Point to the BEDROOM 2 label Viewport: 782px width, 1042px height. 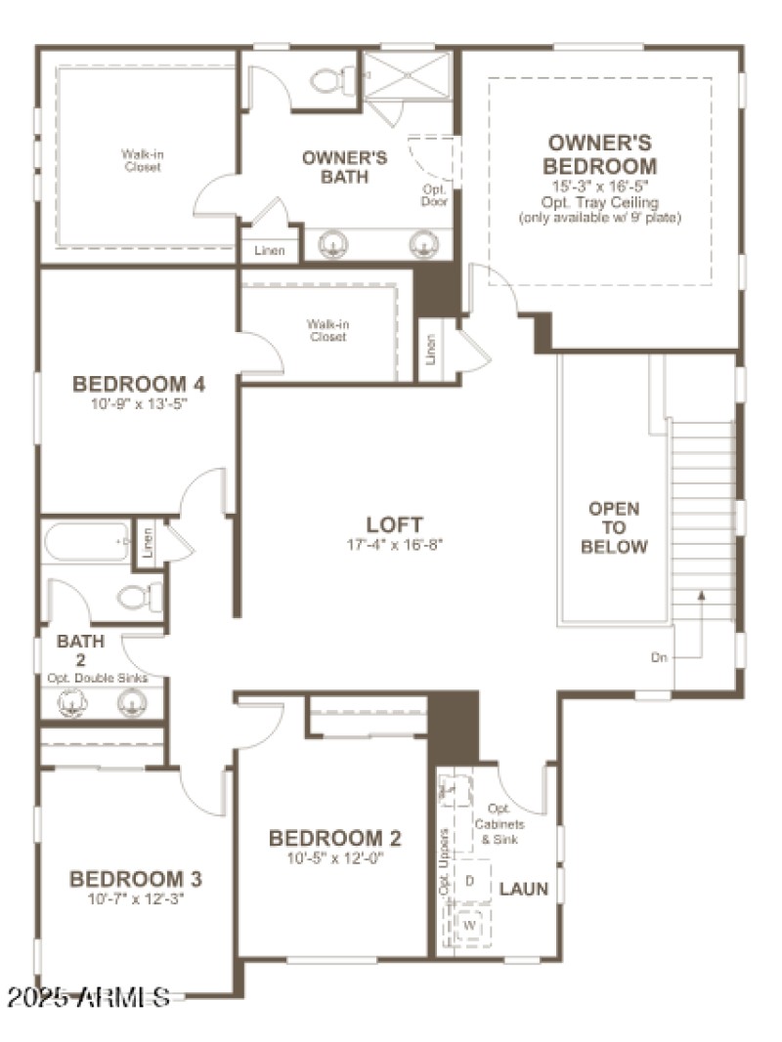334,838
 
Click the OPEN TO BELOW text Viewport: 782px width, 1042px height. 614,527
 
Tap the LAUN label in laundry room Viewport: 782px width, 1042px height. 524,890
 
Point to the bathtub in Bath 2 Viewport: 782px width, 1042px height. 86,542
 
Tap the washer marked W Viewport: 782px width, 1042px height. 470,924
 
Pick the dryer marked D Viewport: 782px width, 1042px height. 470,881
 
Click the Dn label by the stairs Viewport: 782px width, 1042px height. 659,658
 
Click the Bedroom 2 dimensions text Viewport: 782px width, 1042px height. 334,859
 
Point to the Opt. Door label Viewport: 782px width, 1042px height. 434,195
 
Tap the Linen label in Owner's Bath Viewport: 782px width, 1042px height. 270,251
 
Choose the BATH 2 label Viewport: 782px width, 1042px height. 79,650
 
